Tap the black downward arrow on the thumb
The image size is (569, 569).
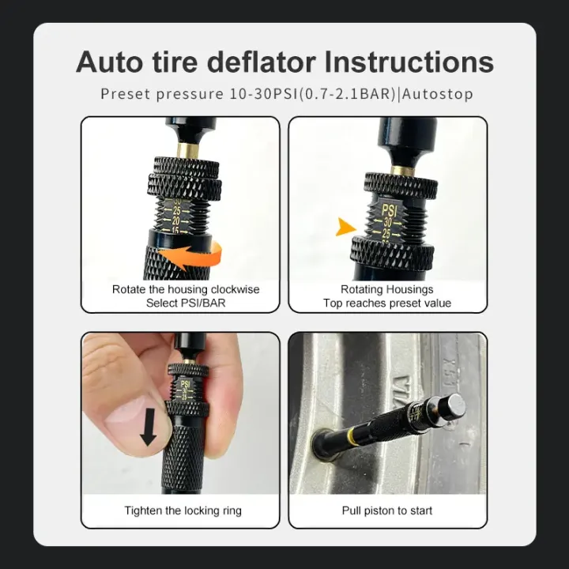[x=148, y=428]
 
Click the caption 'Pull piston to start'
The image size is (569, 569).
[x=387, y=511]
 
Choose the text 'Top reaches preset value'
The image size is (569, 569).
[x=387, y=303]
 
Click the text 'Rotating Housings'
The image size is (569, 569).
[x=387, y=289]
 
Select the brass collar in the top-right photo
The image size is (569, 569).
[x=402, y=169]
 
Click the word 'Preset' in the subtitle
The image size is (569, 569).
[x=126, y=94]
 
